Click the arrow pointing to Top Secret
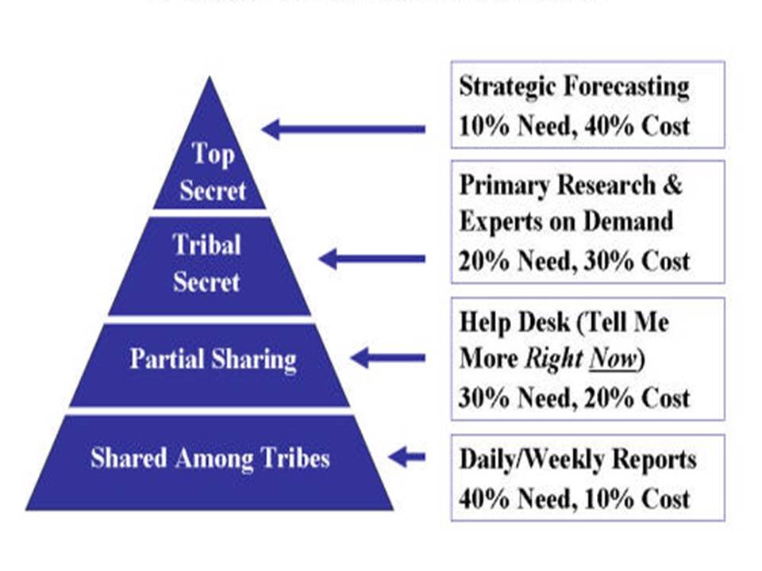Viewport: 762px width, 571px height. coord(343,128)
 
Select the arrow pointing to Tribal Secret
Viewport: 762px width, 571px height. coord(371,259)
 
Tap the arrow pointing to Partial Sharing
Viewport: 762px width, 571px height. coord(387,358)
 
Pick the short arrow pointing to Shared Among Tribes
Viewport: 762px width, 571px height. coord(406,457)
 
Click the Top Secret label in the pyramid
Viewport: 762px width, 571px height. coord(212,172)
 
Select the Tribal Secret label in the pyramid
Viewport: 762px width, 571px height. coord(206,263)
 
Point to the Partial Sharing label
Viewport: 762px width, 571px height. coord(213,359)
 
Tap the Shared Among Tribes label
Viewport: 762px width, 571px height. coord(210,458)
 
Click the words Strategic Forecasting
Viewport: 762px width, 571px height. coord(574,86)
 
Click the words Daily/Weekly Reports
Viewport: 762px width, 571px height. coord(578,459)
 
